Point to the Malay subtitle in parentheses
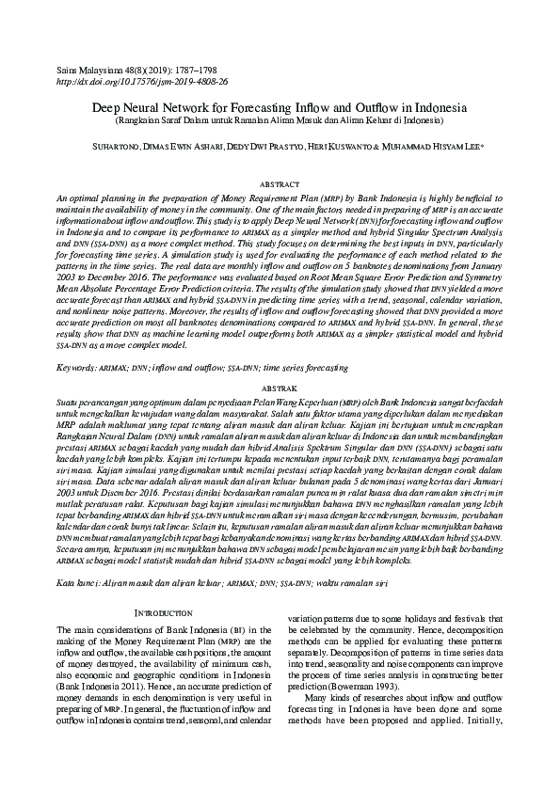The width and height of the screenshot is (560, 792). (x=280, y=121)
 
